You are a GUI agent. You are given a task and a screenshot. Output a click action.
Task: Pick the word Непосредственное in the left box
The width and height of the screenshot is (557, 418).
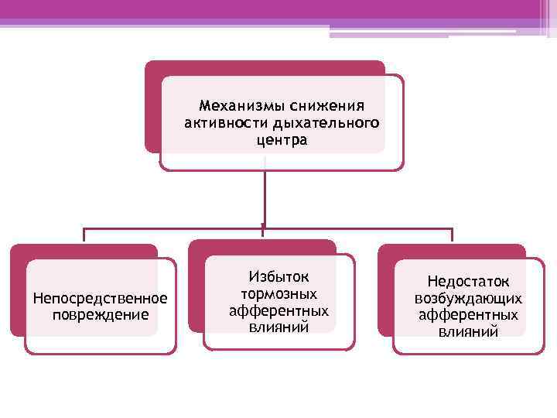101,298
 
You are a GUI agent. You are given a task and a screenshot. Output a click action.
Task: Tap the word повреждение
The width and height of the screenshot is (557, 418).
101,314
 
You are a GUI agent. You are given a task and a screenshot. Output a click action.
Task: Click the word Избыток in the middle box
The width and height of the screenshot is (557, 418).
278,276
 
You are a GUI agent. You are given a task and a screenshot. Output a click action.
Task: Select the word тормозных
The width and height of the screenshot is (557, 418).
278,293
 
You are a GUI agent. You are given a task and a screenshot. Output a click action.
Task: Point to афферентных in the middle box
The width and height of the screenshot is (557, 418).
278,310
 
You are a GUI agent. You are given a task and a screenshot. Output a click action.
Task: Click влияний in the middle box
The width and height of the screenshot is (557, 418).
278,327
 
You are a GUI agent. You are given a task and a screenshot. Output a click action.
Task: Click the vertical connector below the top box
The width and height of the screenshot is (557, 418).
265,197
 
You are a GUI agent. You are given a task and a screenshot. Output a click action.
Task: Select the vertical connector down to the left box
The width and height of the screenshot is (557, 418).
84,236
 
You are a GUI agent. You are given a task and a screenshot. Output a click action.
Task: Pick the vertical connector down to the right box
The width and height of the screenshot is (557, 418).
452,236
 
